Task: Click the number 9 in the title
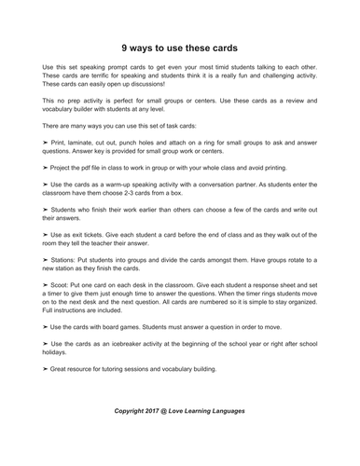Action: point(125,46)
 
